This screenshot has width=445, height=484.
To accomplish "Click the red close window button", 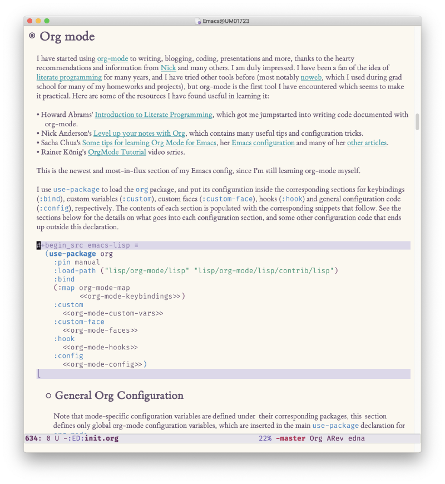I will click(x=29, y=21).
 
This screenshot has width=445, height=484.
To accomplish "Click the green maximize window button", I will click(x=47, y=21).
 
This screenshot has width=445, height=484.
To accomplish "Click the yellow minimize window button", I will click(x=38, y=21).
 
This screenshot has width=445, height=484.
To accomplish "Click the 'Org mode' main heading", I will click(x=67, y=37).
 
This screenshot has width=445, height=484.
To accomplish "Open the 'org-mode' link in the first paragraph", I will click(x=112, y=58).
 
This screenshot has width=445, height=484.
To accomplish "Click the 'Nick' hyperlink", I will click(x=168, y=68).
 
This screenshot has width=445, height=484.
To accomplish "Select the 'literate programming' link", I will click(x=69, y=77).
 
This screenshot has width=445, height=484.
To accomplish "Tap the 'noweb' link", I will click(x=311, y=77).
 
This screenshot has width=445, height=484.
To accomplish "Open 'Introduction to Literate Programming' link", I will click(x=154, y=115).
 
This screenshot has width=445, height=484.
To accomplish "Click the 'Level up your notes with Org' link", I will click(x=140, y=134).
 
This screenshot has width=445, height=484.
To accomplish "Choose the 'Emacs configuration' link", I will click(x=263, y=143).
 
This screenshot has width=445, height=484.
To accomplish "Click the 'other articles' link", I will click(x=367, y=143).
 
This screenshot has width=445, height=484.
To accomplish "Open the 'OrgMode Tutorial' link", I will click(x=117, y=152).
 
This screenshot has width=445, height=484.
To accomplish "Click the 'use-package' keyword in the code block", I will click(x=72, y=254).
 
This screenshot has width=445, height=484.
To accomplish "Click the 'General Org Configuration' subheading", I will click(x=119, y=396).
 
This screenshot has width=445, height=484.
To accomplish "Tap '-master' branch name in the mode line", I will click(x=290, y=438).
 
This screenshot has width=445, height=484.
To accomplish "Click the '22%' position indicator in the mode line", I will click(x=265, y=438).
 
